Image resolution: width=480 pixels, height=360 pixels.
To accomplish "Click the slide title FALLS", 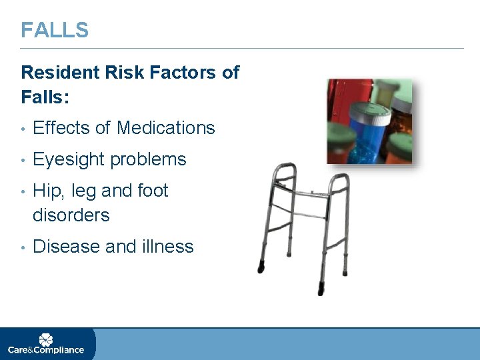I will (54, 30).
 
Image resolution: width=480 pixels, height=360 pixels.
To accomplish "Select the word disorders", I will (71, 215).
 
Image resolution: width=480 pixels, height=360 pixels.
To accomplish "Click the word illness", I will (167, 247).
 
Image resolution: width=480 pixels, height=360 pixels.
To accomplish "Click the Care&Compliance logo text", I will (46, 350).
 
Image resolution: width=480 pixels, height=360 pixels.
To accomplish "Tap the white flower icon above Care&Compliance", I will (45, 339).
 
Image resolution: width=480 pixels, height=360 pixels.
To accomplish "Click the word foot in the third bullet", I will (153, 191).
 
